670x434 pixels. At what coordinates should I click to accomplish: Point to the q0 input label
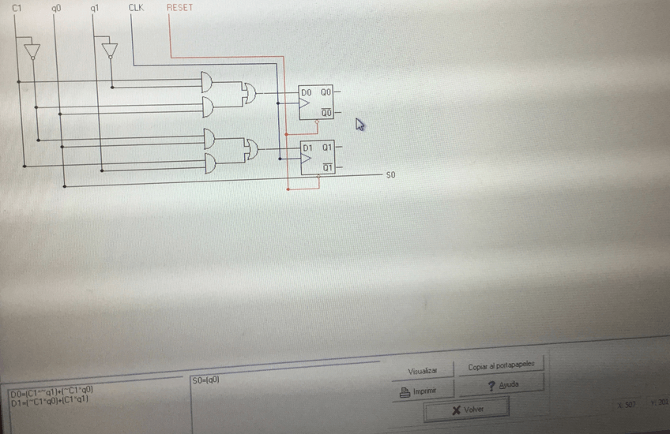[55, 9]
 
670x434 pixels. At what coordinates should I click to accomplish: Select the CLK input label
[136, 8]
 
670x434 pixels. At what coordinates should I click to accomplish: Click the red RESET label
[179, 8]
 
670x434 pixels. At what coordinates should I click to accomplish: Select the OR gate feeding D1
[252, 148]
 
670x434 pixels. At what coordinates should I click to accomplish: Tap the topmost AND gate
[210, 82]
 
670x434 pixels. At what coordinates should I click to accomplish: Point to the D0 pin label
[307, 93]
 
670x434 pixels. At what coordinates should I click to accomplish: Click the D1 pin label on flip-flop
[309, 148]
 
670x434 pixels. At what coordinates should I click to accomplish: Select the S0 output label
[390, 174]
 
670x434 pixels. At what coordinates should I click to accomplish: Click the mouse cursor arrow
[360, 125]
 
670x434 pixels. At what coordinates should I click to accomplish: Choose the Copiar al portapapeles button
[502, 367]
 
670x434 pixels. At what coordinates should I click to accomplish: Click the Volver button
[466, 410]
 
